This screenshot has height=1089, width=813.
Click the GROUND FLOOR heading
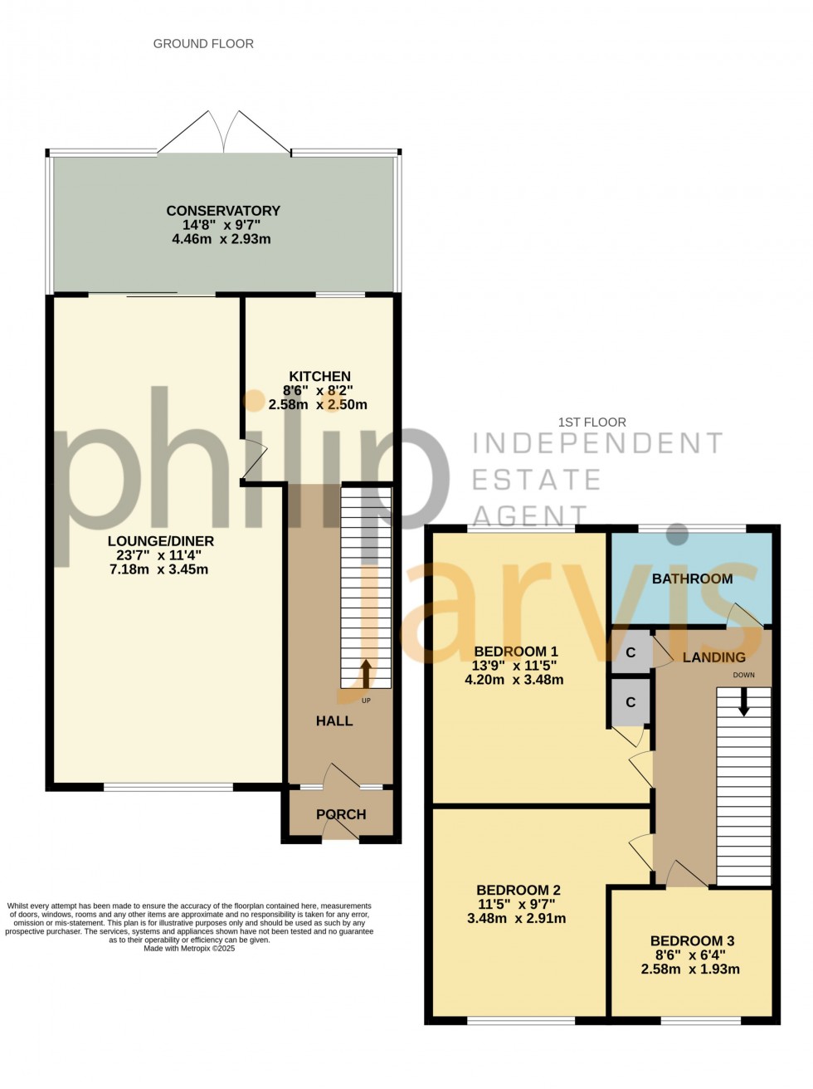[203, 44]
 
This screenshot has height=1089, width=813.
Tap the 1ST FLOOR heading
[591, 422]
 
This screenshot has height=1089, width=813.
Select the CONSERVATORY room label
[223, 211]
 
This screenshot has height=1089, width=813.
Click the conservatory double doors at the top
[223, 133]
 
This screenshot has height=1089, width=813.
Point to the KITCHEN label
[319, 377]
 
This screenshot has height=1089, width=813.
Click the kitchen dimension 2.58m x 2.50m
[318, 405]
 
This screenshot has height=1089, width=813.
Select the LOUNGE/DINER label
[160, 541]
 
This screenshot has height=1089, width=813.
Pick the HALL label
[334, 721]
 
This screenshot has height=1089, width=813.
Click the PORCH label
[341, 814]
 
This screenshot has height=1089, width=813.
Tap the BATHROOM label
[692, 579]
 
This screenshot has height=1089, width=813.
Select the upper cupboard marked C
[630, 652]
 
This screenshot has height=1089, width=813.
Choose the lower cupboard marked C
[630, 702]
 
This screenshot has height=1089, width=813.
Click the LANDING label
[713, 657]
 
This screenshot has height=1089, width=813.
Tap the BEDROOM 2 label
[518, 890]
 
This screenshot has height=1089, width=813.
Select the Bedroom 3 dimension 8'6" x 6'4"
[690, 955]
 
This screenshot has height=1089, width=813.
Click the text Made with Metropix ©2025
[189, 948]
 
